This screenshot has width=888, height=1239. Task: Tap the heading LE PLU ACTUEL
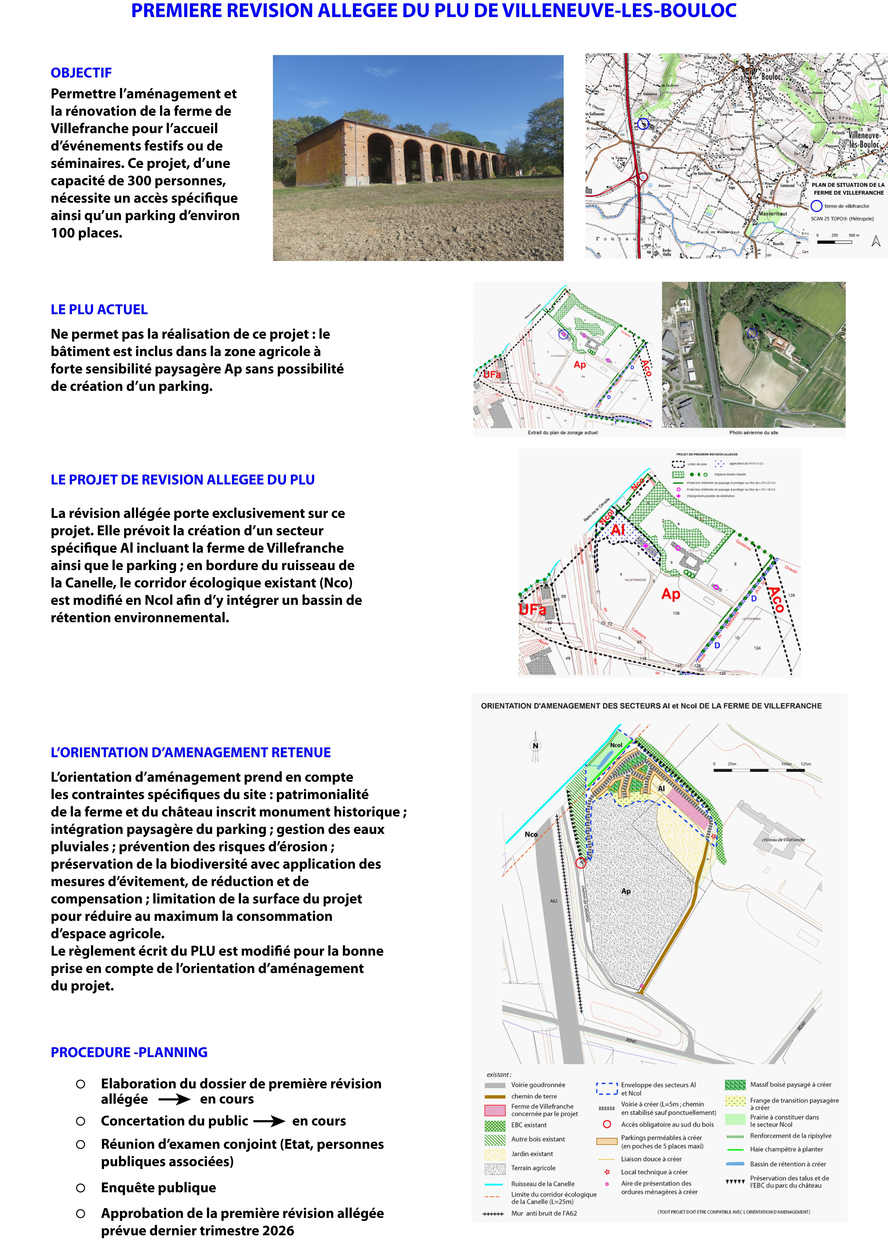[x=99, y=310]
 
